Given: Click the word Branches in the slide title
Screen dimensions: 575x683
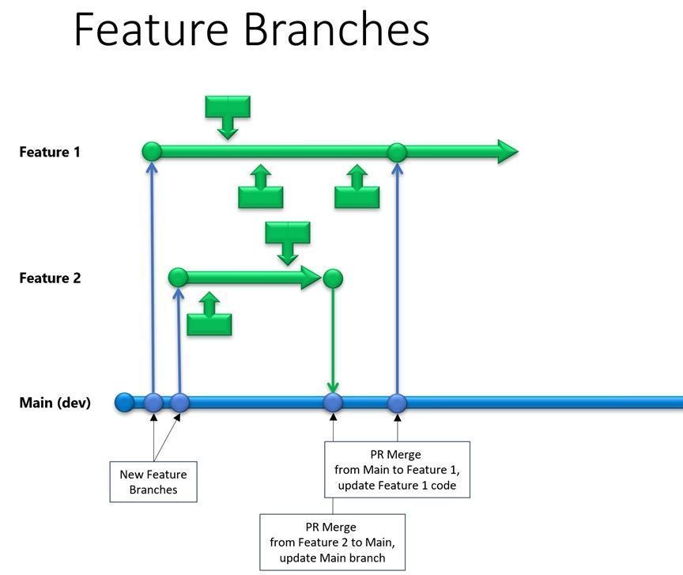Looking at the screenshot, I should [x=337, y=30].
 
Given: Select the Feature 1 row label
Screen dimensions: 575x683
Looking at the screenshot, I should [x=50, y=151].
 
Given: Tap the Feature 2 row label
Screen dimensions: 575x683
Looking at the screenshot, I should [x=50, y=278].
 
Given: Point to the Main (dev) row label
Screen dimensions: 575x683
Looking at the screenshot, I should [x=55, y=403].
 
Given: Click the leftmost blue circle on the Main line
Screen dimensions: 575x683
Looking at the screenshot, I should [x=124, y=403].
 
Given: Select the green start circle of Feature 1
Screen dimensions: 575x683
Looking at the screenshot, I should [x=152, y=151].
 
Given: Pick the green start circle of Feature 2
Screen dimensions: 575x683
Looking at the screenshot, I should [x=179, y=278].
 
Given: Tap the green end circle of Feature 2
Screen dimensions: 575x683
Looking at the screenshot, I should [x=333, y=278].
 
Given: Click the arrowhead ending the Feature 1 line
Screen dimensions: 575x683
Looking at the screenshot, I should [x=507, y=151].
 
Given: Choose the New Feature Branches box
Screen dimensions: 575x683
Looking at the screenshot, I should [x=153, y=482].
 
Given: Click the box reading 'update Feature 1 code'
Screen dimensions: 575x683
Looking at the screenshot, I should [x=397, y=470].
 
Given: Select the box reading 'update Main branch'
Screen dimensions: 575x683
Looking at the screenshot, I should [x=332, y=542].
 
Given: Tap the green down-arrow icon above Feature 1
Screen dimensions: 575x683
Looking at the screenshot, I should [x=228, y=115].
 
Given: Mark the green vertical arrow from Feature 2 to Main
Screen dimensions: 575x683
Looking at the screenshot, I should [x=333, y=340].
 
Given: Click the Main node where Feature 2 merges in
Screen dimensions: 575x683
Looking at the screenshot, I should [x=333, y=403].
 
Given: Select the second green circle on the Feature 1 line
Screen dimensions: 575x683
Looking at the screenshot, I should [x=397, y=152].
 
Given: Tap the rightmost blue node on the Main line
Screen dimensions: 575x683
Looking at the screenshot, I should [x=397, y=403].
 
